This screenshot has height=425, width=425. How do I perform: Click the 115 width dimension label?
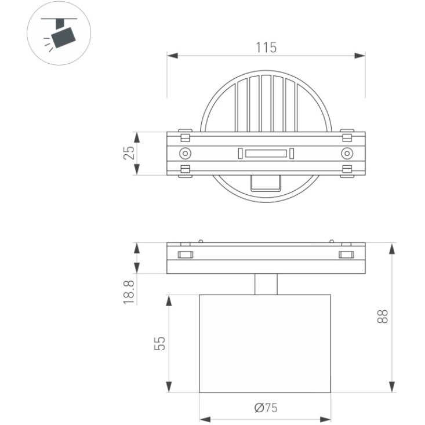tap(266, 48)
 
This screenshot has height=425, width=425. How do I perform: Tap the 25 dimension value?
tap(129, 153)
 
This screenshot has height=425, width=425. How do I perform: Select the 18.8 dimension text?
tap(129, 292)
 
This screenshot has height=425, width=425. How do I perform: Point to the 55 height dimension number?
tap(159, 343)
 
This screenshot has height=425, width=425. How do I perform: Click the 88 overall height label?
tap(383, 316)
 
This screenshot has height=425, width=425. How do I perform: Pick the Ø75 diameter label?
tap(266, 408)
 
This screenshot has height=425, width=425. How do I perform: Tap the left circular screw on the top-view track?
tap(185, 154)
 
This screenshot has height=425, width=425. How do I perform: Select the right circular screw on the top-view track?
tap(347, 154)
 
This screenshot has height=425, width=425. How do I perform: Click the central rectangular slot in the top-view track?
tap(266, 154)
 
